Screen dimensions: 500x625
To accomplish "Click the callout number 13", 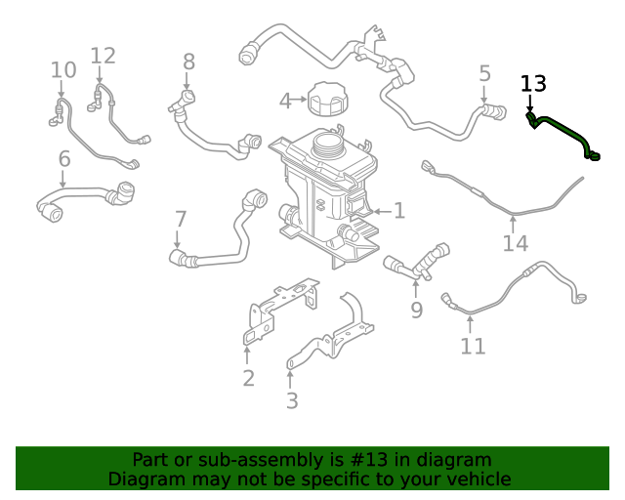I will tap(534, 84).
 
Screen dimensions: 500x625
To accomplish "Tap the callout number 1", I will tap(398, 210).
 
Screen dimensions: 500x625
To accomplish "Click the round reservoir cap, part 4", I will tap(325, 99).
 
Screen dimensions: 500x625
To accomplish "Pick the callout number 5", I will tap(485, 73).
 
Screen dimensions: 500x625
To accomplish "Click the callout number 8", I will tap(188, 63).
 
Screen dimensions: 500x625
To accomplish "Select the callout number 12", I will tap(103, 57).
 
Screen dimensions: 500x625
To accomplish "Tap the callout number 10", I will tap(62, 70).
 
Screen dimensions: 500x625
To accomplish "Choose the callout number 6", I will tap(64, 158).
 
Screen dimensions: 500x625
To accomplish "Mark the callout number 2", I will tap(248, 378).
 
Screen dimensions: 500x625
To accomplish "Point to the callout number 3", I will tap(292, 400).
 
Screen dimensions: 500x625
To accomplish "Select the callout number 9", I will tap(416, 311).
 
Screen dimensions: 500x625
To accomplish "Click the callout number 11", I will tap(473, 347).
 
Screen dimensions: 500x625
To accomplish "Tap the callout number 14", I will tap(515, 243).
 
